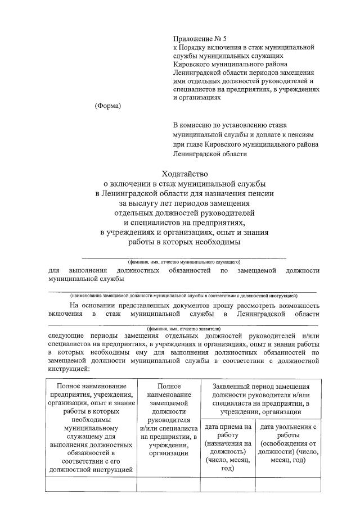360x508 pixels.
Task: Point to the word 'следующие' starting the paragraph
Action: tap(66, 337)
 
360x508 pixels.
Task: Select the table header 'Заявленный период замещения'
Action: tap(260, 387)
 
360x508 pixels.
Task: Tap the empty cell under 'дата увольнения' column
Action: tap(287, 484)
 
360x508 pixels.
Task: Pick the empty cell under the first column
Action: tap(92, 484)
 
